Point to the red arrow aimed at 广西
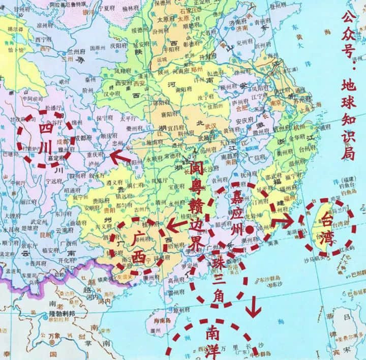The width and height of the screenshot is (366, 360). (x=175, y=224)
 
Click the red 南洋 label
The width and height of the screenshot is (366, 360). (x=212, y=341)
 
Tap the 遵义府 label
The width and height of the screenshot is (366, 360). (x=105, y=182)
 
